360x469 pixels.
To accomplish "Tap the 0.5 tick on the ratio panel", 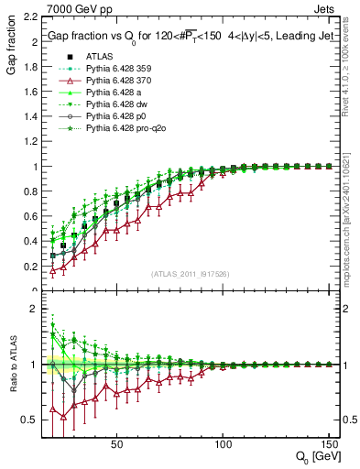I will (x=29, y=420).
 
